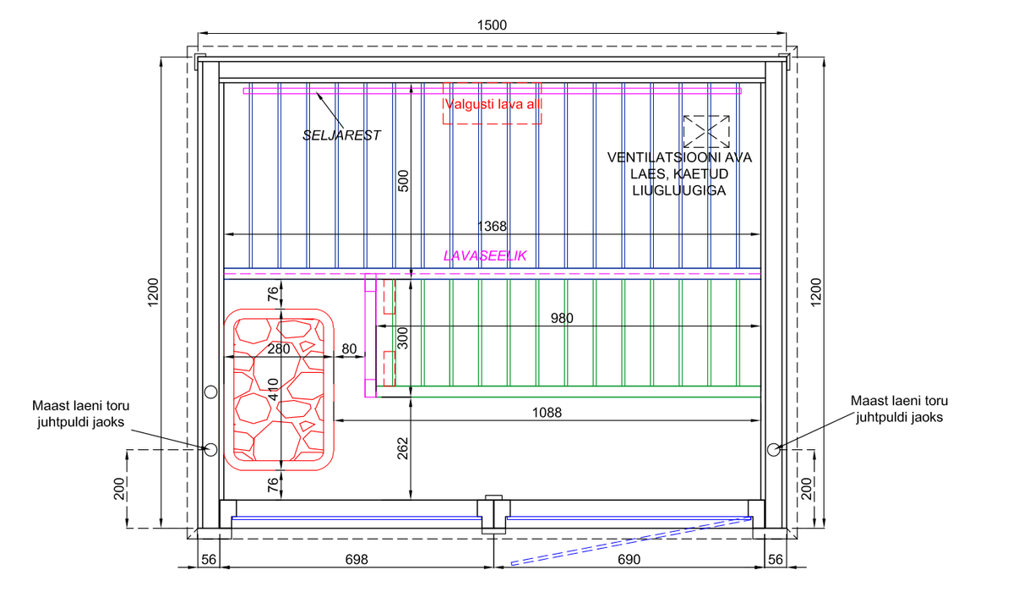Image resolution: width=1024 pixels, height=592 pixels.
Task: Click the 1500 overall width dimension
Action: point(492,25)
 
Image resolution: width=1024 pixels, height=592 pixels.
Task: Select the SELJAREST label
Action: point(341,135)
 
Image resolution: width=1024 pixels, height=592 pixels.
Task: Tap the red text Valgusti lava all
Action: point(493,105)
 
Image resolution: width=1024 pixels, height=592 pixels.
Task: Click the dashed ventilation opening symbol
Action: point(706,132)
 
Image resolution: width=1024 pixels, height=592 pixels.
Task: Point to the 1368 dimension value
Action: point(492,226)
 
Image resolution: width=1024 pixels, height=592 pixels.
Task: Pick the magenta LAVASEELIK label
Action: point(485,256)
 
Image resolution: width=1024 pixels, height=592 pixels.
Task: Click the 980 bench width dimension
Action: point(561,318)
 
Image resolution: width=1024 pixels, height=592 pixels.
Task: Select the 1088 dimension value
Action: point(547,413)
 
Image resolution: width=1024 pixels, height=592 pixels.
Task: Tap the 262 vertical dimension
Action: point(402,448)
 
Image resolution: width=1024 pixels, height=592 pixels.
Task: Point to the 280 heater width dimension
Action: point(278,348)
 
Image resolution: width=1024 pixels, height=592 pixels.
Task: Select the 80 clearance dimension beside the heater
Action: point(349,348)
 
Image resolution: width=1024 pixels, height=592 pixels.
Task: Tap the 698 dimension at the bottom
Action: point(357,560)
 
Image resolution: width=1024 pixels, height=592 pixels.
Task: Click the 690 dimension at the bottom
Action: point(629,560)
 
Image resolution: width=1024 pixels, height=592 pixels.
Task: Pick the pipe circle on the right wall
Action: point(773,450)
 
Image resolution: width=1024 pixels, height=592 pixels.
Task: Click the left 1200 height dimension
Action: point(153,292)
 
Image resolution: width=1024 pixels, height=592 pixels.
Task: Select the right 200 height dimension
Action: point(806,488)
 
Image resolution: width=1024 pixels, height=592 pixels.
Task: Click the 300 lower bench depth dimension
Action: point(403,338)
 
